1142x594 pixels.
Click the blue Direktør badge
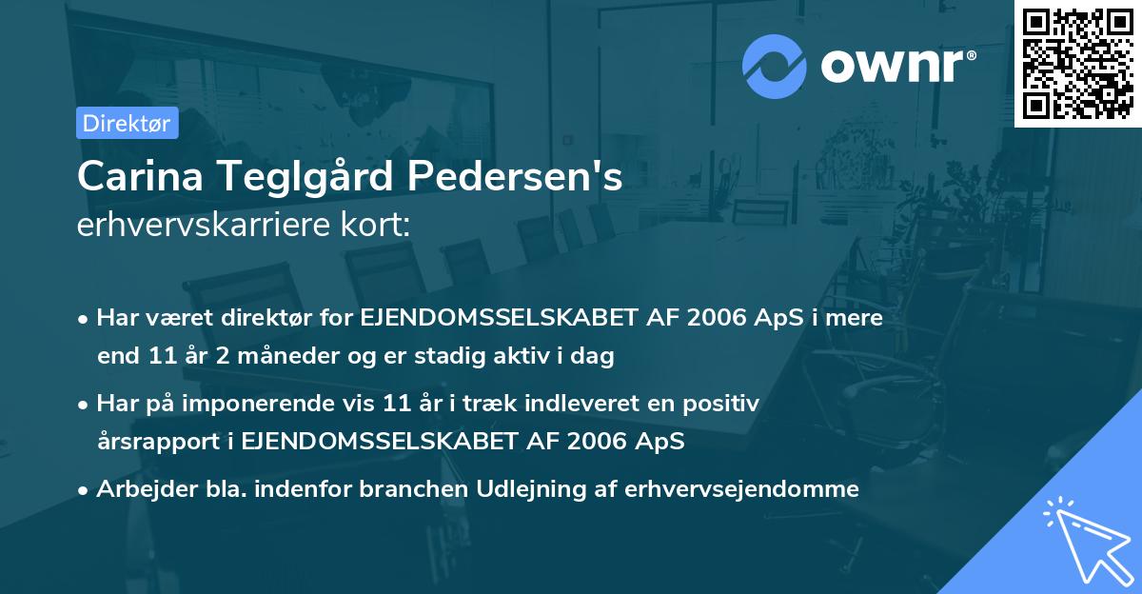click(x=127, y=122)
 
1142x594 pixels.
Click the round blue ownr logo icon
click(x=775, y=67)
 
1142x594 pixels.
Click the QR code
click(x=1077, y=63)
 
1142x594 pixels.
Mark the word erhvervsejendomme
click(x=741, y=489)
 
